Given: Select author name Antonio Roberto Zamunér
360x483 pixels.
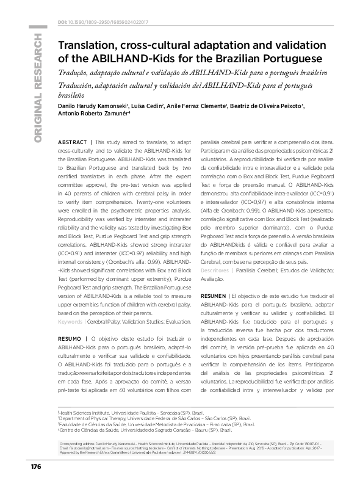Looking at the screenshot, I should [x=95, y=115].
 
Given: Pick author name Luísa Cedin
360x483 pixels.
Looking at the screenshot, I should [x=148, y=106].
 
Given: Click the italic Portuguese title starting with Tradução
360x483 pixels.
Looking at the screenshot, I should [x=185, y=73].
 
